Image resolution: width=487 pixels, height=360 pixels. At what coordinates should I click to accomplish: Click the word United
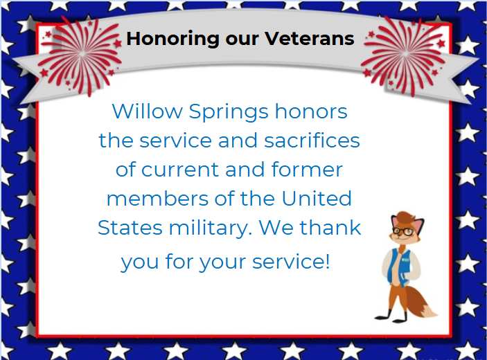316,199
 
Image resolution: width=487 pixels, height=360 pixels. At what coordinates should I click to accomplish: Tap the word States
126,228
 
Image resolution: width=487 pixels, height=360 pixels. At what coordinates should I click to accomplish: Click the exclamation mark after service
327,262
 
